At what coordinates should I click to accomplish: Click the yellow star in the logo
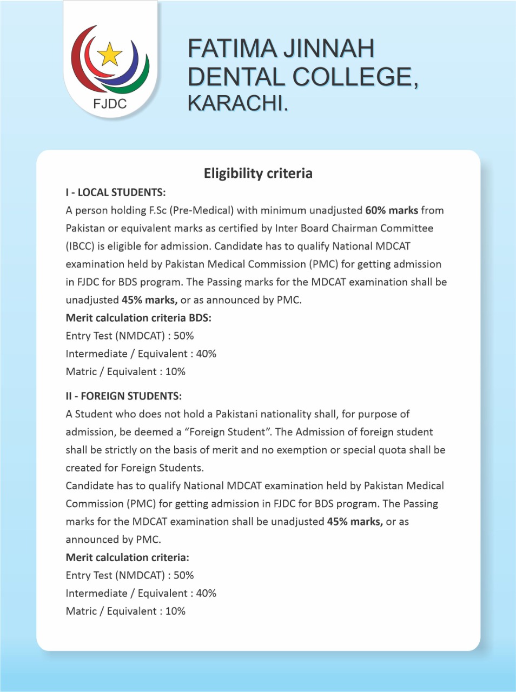point(110,54)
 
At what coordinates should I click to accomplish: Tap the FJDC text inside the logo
point(110,103)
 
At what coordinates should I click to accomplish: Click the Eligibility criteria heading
point(258,174)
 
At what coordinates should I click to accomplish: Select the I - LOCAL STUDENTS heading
point(116,192)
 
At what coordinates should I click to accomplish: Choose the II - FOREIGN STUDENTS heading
point(124,396)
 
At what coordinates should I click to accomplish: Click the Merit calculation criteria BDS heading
point(138,318)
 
